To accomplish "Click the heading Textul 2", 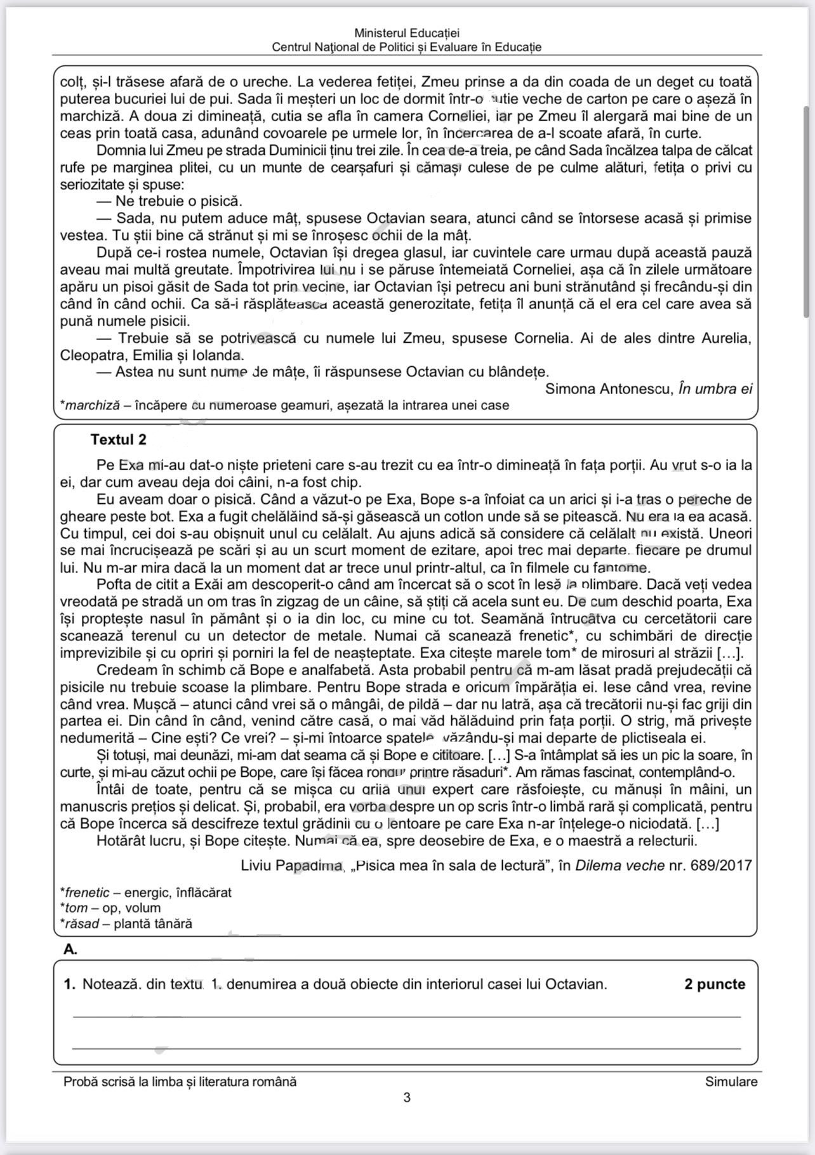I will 118,440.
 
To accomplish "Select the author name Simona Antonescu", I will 609,389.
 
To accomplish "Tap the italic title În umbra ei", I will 715,389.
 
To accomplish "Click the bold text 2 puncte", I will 715,984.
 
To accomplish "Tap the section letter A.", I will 70,949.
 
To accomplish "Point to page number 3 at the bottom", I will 407,1097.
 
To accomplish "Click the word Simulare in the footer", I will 731,1081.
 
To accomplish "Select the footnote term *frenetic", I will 86,893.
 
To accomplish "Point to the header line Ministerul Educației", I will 407,33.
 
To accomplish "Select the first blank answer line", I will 407,1017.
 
